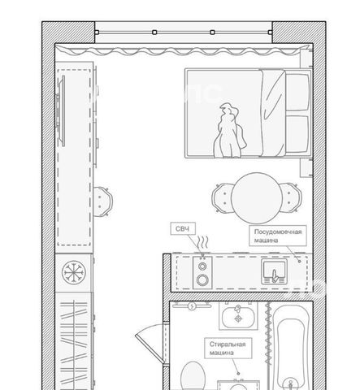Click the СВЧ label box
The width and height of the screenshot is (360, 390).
[183, 229]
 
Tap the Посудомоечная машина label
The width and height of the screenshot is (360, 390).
[278, 236]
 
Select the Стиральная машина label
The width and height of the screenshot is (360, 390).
[228, 349]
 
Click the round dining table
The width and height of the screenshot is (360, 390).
[257, 198]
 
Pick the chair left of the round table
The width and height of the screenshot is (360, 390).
[222, 198]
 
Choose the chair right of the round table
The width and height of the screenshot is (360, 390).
[291, 197]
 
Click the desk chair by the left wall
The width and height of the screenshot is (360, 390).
[103, 201]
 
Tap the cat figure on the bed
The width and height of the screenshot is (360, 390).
[230, 130]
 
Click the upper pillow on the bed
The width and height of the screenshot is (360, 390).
[297, 92]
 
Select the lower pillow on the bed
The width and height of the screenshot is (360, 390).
[297, 134]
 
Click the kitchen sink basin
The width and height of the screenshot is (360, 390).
[274, 271]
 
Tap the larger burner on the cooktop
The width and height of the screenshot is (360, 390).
[202, 279]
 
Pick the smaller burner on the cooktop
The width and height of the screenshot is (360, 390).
[202, 266]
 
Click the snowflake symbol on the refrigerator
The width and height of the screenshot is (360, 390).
[74, 272]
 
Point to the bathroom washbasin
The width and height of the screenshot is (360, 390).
[238, 316]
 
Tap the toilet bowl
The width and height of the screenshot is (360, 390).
[193, 376]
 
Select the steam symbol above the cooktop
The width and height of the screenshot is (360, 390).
[203, 243]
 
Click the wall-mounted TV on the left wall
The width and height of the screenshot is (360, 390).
[61, 110]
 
